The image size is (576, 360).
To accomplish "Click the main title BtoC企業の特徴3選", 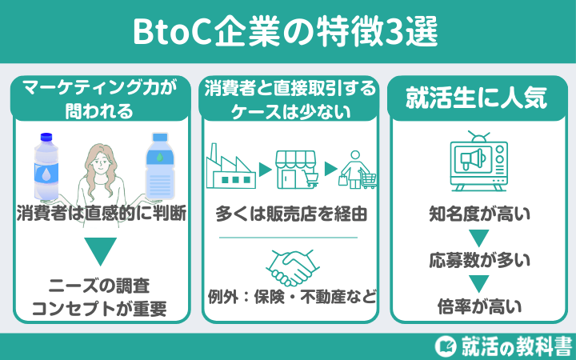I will (x=287, y=33).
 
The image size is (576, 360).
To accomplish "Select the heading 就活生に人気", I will (x=478, y=99).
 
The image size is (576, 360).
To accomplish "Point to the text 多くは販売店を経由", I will (x=290, y=214).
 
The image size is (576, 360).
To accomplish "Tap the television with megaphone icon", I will (x=478, y=158).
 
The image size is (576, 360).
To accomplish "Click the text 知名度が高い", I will (x=478, y=214).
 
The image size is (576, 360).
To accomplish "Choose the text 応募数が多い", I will (x=478, y=260).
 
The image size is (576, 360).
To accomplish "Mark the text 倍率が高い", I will (x=478, y=305).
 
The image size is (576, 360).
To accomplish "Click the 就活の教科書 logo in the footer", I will (x=502, y=346).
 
